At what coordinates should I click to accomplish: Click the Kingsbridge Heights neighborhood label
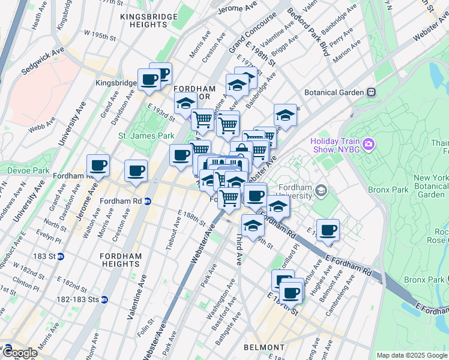pos(144,20)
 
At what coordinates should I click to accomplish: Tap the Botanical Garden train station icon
pos(372,92)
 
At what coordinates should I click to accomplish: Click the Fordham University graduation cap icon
pos(322,190)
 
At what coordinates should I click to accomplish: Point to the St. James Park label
pos(146,136)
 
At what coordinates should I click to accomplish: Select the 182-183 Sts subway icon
pos(104,299)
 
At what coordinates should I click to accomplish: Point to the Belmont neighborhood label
pos(264,347)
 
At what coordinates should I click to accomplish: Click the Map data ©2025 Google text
pos(412,355)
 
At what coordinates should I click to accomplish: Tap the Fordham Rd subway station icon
pos(148,200)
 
